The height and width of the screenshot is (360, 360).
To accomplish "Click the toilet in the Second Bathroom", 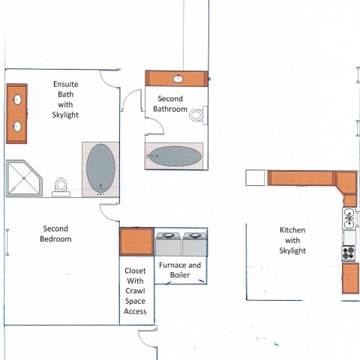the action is [198, 115].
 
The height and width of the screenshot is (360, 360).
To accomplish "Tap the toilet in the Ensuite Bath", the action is [61, 187].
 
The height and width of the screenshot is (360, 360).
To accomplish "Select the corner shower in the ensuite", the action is [24, 178].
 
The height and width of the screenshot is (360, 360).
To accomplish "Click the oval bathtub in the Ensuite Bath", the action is [100, 169].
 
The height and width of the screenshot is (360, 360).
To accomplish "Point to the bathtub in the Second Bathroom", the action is [175, 156].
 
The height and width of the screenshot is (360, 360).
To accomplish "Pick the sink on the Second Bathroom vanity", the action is [178, 79].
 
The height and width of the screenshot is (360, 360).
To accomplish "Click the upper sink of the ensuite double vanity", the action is [17, 100].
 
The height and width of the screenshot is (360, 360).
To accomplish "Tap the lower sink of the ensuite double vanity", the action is [17, 126].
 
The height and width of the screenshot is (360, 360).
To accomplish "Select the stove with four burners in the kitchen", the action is [349, 253].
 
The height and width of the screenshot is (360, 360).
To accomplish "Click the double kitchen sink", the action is [349, 218].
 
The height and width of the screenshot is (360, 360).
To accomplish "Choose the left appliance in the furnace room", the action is [168, 244].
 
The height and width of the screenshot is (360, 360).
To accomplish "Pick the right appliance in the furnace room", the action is [194, 244].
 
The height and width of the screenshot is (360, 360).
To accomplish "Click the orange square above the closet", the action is [136, 241].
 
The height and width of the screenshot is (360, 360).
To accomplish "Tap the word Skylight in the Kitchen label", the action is [292, 250].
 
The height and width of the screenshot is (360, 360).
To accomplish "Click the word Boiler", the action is [180, 275].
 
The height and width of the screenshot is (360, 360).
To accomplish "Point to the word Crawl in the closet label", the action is [135, 291].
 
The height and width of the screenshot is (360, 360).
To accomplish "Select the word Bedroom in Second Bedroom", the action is [55, 239].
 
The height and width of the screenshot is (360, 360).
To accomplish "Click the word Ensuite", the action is [66, 84].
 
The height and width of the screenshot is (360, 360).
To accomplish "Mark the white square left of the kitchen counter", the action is [255, 178].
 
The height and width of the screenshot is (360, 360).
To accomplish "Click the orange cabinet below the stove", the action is [350, 278].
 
